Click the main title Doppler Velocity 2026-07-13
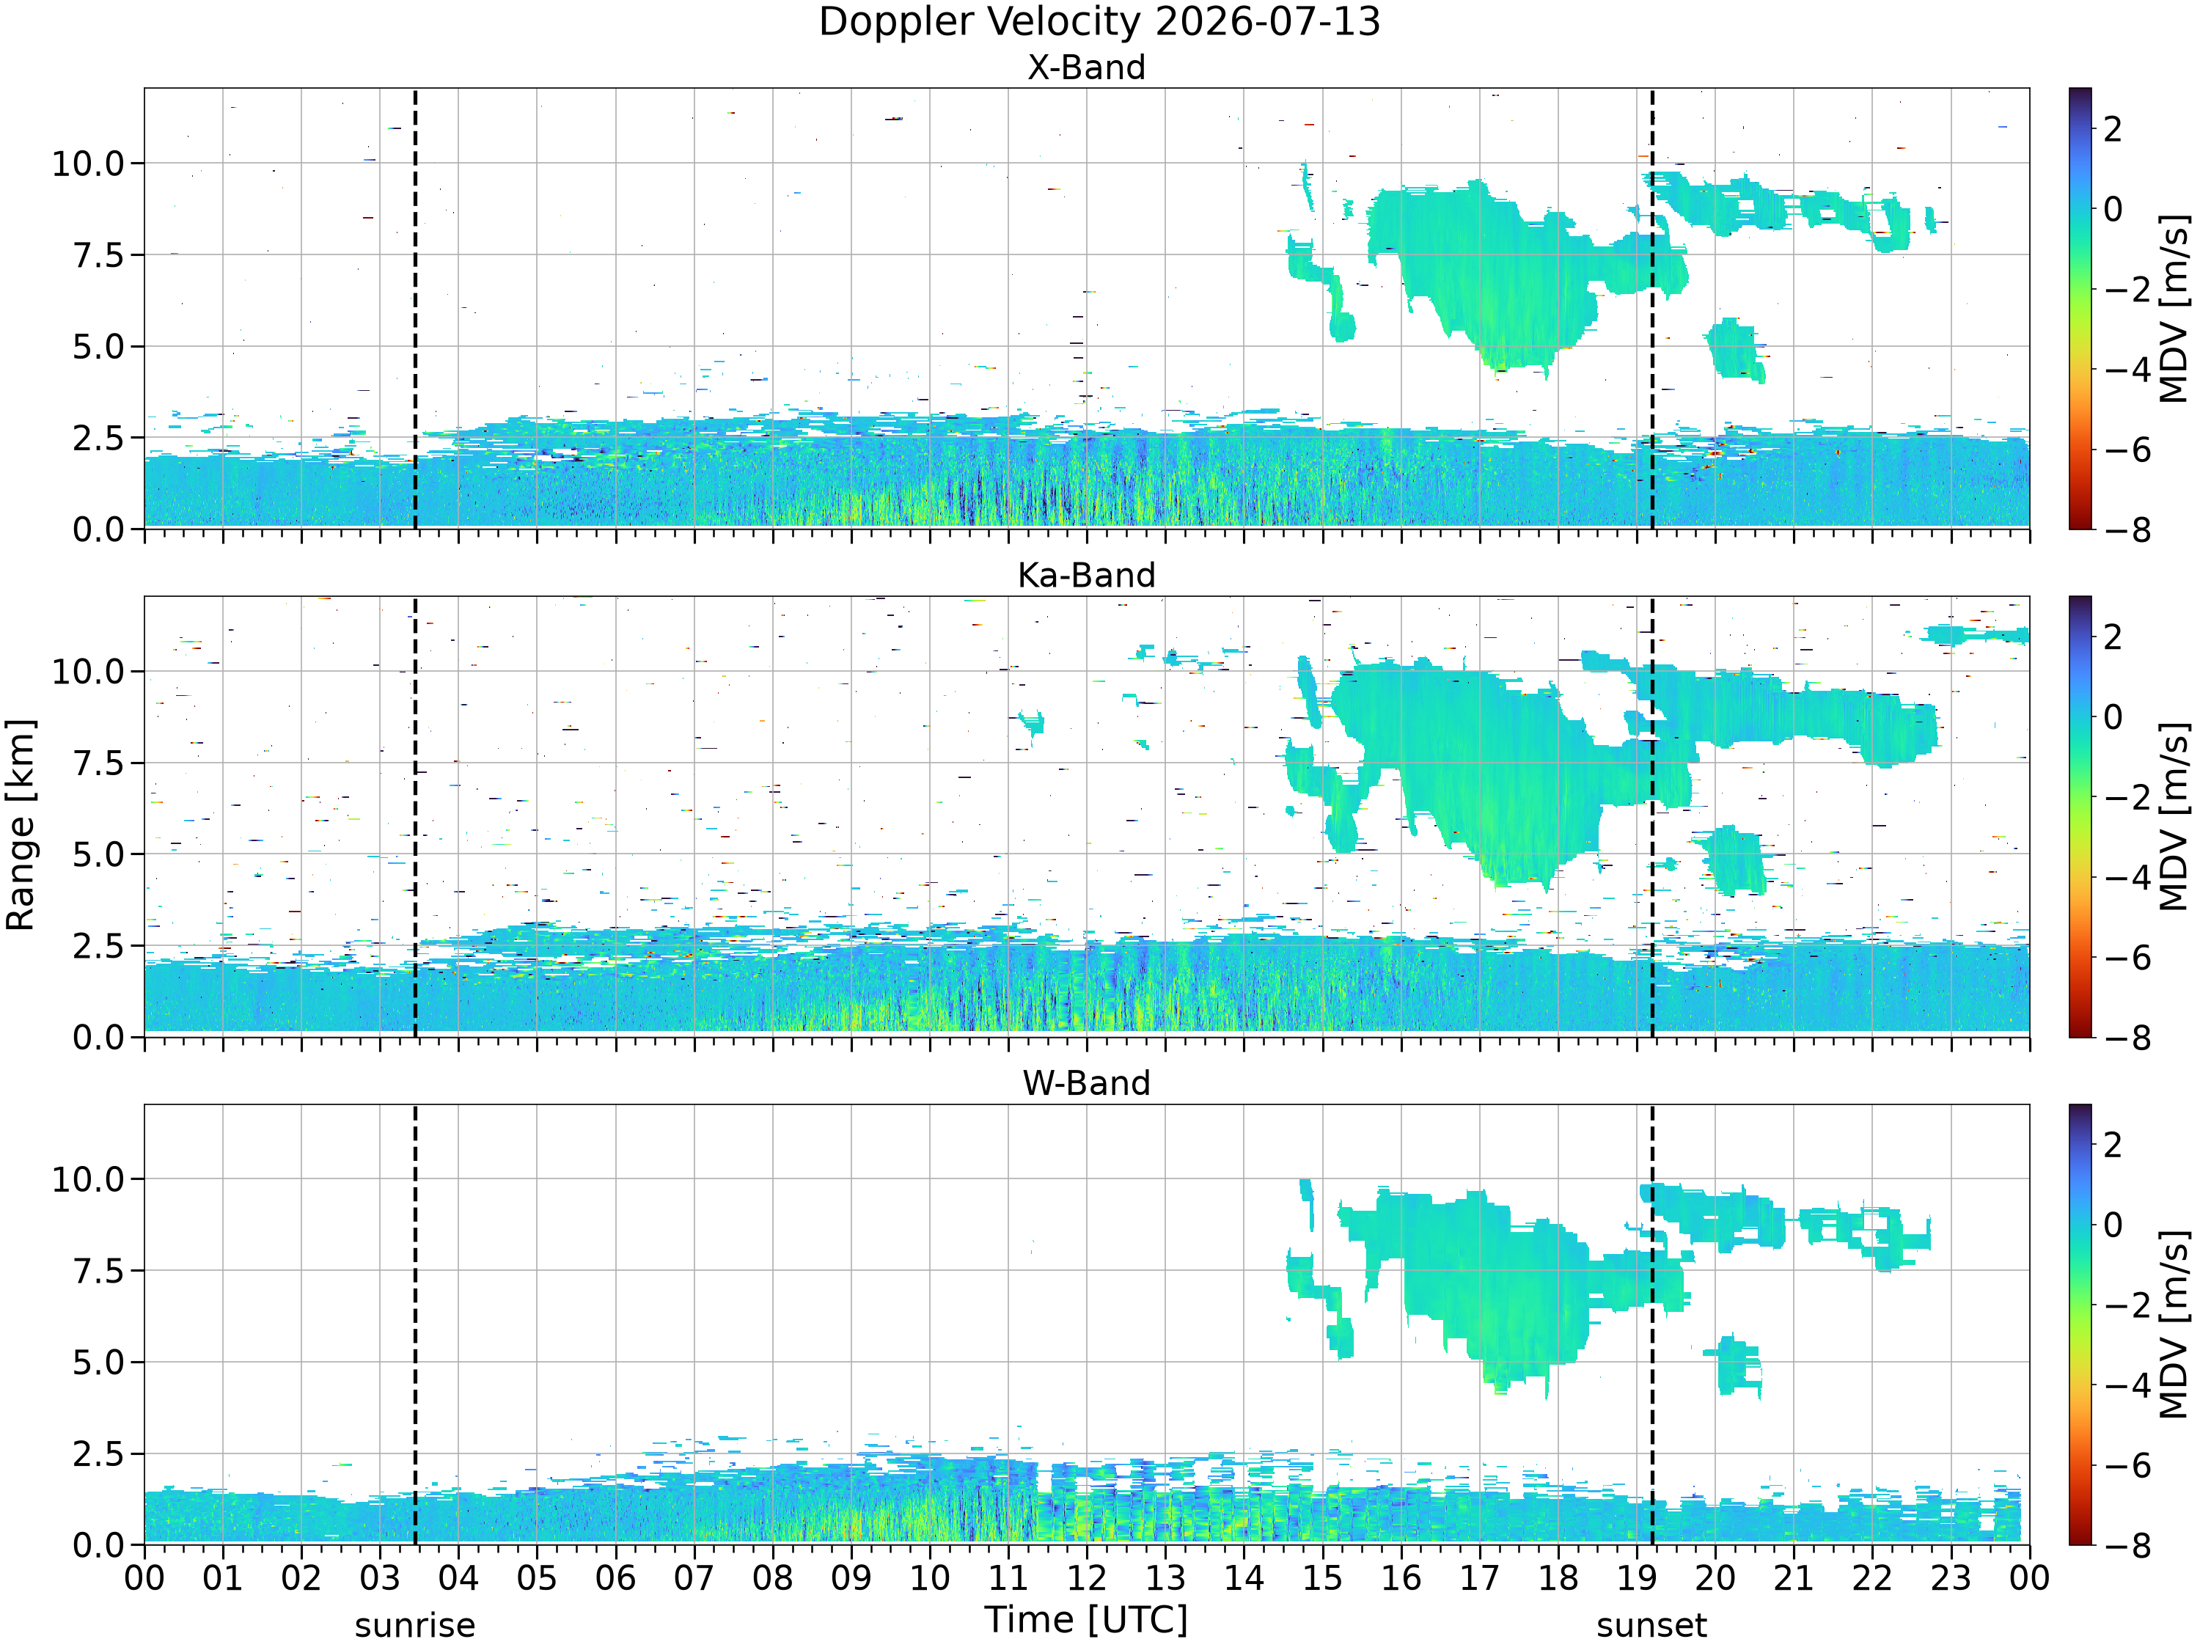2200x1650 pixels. point(1099,22)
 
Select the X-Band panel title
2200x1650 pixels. point(1086,67)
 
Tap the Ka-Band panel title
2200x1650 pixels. point(1086,575)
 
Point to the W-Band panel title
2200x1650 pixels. point(1086,1083)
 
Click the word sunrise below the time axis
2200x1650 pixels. point(415,1626)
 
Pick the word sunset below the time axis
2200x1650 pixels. point(1652,1626)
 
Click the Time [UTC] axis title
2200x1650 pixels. point(1086,1620)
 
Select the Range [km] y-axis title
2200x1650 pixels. point(20,824)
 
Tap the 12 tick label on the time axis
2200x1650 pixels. point(1086,1578)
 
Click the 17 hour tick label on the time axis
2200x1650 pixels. point(1479,1578)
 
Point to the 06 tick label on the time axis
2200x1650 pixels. point(616,1578)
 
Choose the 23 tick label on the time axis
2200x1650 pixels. point(1951,1578)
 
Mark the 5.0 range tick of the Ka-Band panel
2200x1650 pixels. point(100,855)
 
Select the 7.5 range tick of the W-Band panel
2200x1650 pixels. point(100,1271)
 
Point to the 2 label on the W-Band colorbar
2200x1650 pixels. point(2113,1145)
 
